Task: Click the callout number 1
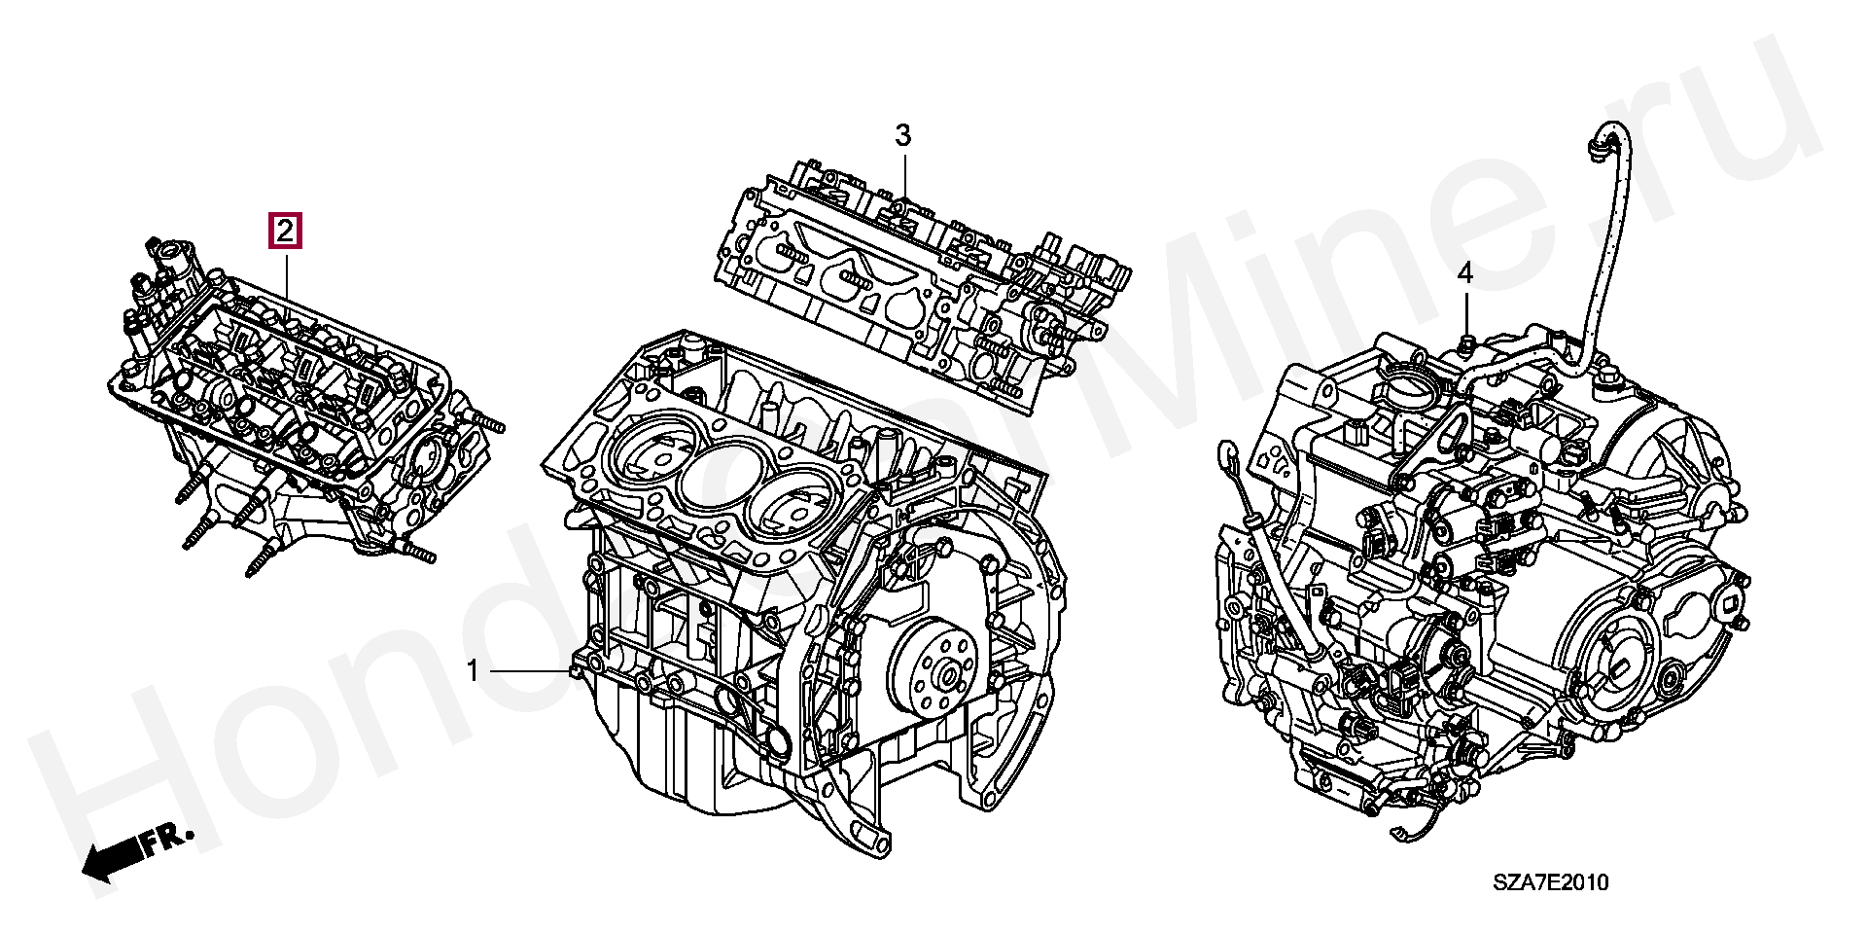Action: pyautogui.click(x=473, y=671)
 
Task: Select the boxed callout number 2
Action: pyautogui.click(x=285, y=232)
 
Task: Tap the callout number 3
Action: pyautogui.click(x=903, y=135)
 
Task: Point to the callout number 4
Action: pyautogui.click(x=1464, y=275)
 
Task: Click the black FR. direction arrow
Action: pyautogui.click(x=113, y=857)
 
